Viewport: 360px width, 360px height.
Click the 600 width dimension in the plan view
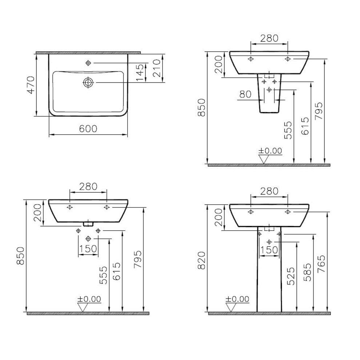pyautogui.click(x=88, y=129)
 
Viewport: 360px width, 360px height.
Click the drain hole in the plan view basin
pyautogui.click(x=88, y=83)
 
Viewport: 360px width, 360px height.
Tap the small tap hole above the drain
pyautogui.click(x=88, y=63)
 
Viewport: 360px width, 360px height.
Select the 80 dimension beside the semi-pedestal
pyautogui.click(x=245, y=94)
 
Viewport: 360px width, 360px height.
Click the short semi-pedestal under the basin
pyautogui.click(x=269, y=98)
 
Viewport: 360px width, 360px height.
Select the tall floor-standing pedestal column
pyautogui.click(x=269, y=276)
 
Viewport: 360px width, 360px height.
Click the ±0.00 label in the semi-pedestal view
pyautogui.click(x=270, y=151)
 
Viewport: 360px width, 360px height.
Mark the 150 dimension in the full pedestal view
pyautogui.click(x=269, y=250)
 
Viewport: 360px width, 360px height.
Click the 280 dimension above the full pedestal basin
pyautogui.click(x=269, y=191)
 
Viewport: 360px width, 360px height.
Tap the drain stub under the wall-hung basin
pyautogui.click(x=88, y=224)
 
